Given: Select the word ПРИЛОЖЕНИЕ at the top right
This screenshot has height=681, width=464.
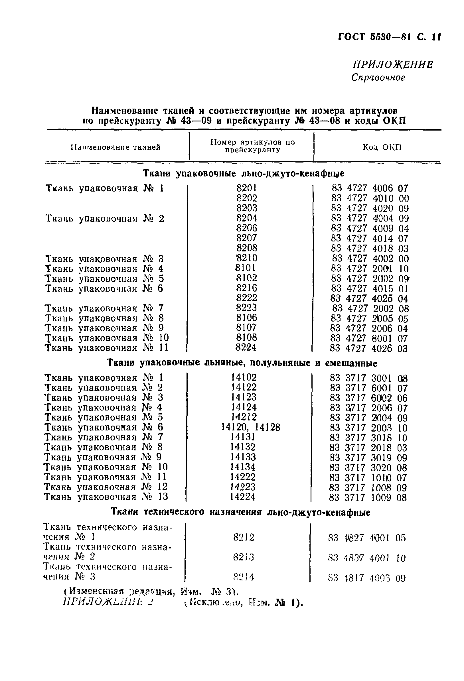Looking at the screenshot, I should [x=393, y=65].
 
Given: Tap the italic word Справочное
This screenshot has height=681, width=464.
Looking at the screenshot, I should [x=378, y=78].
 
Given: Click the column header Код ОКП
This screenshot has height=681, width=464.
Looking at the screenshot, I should [x=382, y=147].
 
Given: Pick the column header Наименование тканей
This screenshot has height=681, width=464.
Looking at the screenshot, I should [x=116, y=147].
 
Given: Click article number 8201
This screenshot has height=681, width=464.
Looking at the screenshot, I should [x=246, y=188].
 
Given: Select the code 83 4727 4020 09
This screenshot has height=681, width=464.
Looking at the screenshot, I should [x=370, y=208].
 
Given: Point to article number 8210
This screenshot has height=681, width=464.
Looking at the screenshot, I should [x=246, y=258].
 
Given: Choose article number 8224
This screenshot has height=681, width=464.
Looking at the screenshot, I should [x=246, y=347].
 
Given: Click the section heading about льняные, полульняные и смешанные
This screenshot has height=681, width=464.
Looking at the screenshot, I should [x=242, y=363].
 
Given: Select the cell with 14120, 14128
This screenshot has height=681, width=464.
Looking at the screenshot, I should [x=250, y=427].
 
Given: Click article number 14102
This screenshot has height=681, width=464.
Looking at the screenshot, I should [x=244, y=377].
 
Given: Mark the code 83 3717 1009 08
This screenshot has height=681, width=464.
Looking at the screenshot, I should [x=368, y=497].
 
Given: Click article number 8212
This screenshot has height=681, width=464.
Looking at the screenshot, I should [x=244, y=537].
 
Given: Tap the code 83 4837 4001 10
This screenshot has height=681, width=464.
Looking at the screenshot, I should [x=367, y=558].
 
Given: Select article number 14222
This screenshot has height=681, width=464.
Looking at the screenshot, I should [x=243, y=477].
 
